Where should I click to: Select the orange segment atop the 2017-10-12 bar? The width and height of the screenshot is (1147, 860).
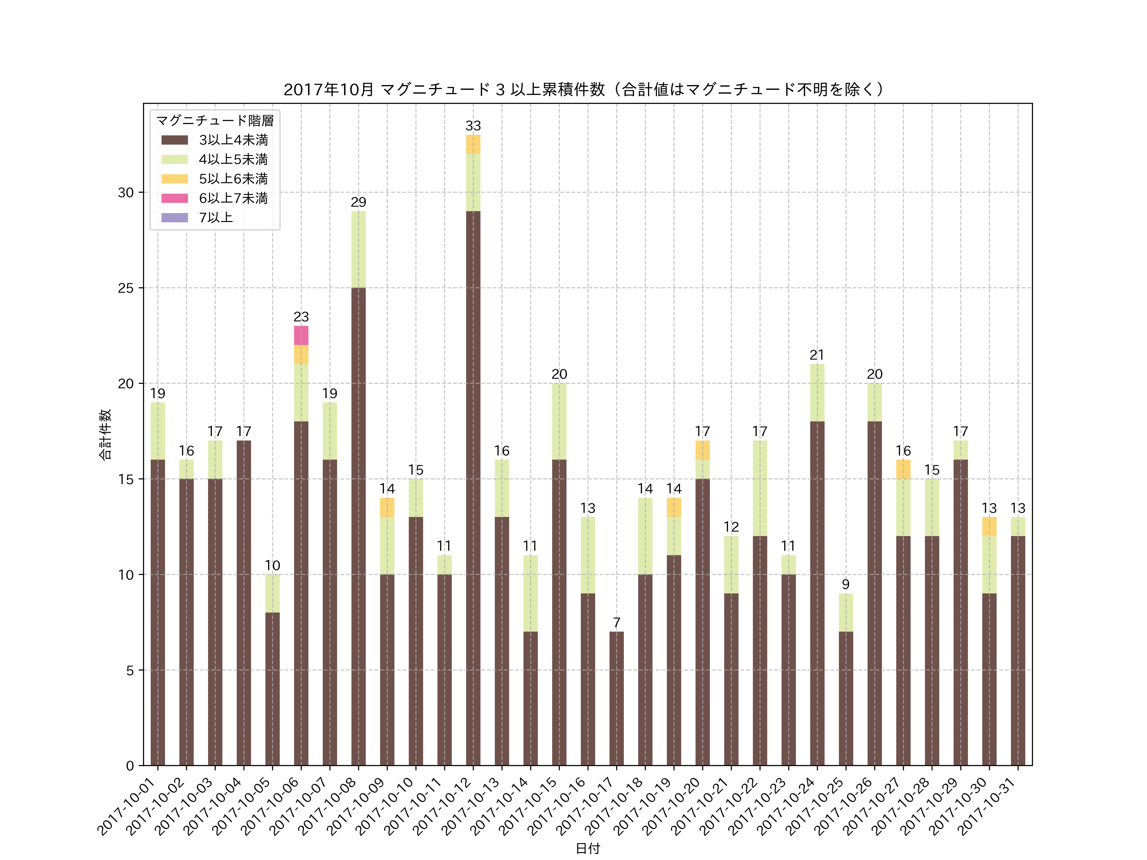(x=473, y=144)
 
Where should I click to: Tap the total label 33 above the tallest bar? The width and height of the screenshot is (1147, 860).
(x=473, y=126)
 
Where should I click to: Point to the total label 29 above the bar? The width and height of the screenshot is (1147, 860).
(x=358, y=202)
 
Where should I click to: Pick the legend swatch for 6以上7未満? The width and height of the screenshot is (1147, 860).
(x=174, y=198)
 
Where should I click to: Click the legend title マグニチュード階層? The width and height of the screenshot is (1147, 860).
(x=215, y=121)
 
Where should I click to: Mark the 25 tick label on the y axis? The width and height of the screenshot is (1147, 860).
(x=126, y=288)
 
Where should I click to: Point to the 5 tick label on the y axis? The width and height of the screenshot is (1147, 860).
(x=130, y=670)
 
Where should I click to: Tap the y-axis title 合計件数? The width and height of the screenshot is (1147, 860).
(x=105, y=434)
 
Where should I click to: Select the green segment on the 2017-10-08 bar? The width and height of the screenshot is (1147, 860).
(x=358, y=249)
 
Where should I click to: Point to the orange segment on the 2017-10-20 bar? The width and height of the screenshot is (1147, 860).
(x=702, y=450)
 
